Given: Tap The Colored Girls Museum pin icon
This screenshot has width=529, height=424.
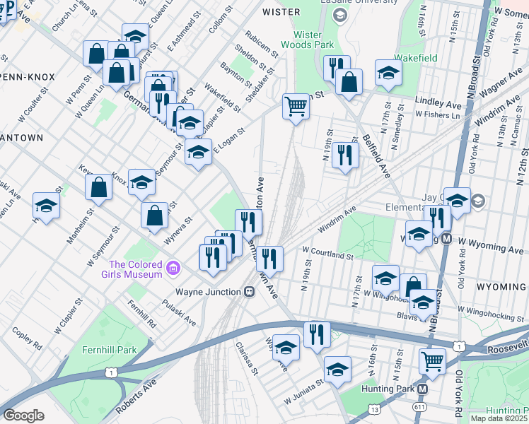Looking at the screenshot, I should pos(172,268).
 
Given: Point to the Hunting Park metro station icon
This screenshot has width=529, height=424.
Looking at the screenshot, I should pos(423,389).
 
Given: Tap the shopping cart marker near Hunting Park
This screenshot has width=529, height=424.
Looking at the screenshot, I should pos(432,361).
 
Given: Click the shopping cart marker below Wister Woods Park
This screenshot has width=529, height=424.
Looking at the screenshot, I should pos(296,106).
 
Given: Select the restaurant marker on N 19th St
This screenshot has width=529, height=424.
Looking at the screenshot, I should pos(344,155).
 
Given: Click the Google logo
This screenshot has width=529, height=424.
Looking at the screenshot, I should pos(23,416).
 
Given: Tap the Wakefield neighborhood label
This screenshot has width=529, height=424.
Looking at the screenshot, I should pos(415,58).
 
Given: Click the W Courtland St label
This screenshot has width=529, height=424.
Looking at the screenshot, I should pos(327,253).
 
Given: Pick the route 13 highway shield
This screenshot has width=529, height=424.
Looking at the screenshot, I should pos(373,408).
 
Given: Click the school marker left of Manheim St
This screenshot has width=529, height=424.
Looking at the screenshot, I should pos(46,206).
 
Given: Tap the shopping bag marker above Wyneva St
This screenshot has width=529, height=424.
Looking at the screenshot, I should pos(154,216).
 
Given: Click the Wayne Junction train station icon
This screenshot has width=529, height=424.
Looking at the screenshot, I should pos(249,291).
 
